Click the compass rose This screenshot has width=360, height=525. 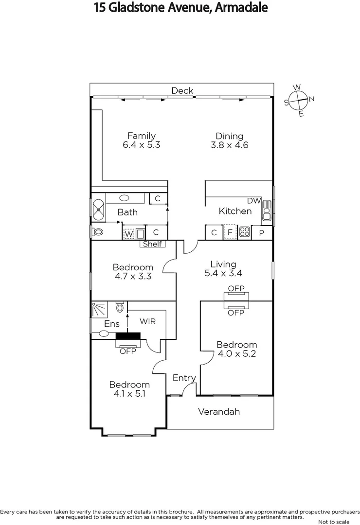299,100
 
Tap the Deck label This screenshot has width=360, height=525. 182,90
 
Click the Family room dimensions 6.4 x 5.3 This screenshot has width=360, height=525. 141,145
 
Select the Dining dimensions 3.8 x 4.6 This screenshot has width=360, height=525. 230,145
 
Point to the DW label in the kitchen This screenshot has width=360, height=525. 254,201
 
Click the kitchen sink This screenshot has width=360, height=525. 267,212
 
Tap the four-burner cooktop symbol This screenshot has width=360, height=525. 244,233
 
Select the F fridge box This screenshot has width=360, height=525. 230,233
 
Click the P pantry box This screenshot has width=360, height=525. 261,233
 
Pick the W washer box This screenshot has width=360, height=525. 128,234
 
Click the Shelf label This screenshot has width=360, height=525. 152,244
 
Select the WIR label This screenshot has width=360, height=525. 147,321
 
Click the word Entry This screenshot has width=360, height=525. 184,378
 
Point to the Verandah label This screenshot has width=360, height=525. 219,412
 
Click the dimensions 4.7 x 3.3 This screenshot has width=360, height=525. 133,276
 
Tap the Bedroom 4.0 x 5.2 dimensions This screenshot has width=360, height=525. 236,354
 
